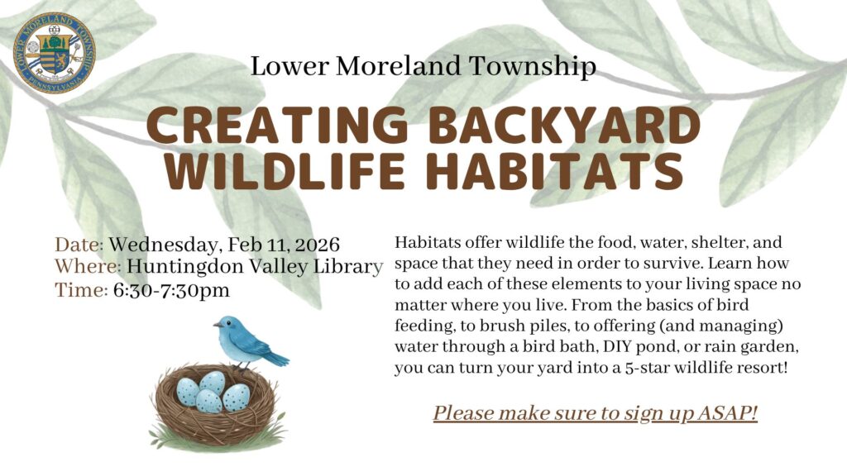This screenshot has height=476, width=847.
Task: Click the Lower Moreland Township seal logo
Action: [55, 52]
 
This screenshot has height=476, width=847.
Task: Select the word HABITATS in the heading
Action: [555, 171]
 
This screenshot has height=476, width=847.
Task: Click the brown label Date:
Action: [79, 245]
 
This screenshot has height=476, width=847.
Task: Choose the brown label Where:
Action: [88, 267]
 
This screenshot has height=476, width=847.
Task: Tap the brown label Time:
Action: [82, 290]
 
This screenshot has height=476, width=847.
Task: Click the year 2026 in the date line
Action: [318, 245]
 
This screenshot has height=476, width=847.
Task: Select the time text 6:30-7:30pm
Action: [171, 290]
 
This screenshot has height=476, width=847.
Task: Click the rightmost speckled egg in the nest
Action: [237, 397]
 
